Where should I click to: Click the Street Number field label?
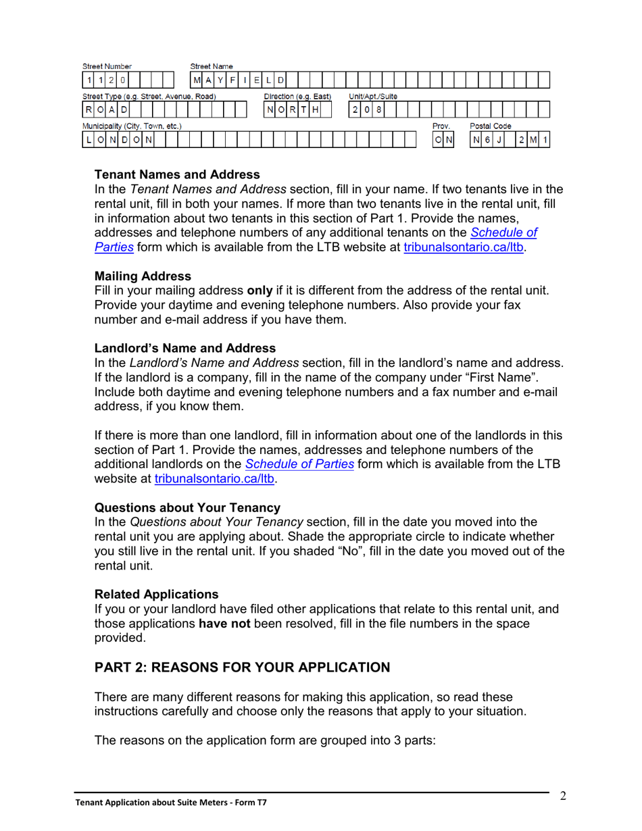click(107, 66)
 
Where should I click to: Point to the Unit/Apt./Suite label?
click(372, 97)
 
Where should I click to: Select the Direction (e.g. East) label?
click(297, 97)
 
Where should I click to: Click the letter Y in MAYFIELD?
click(220, 81)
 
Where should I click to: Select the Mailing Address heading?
click(143, 276)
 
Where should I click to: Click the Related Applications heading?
click(156, 594)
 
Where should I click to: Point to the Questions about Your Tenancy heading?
click(187, 507)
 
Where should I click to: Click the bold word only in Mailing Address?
click(260, 291)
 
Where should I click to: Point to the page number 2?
click(562, 796)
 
